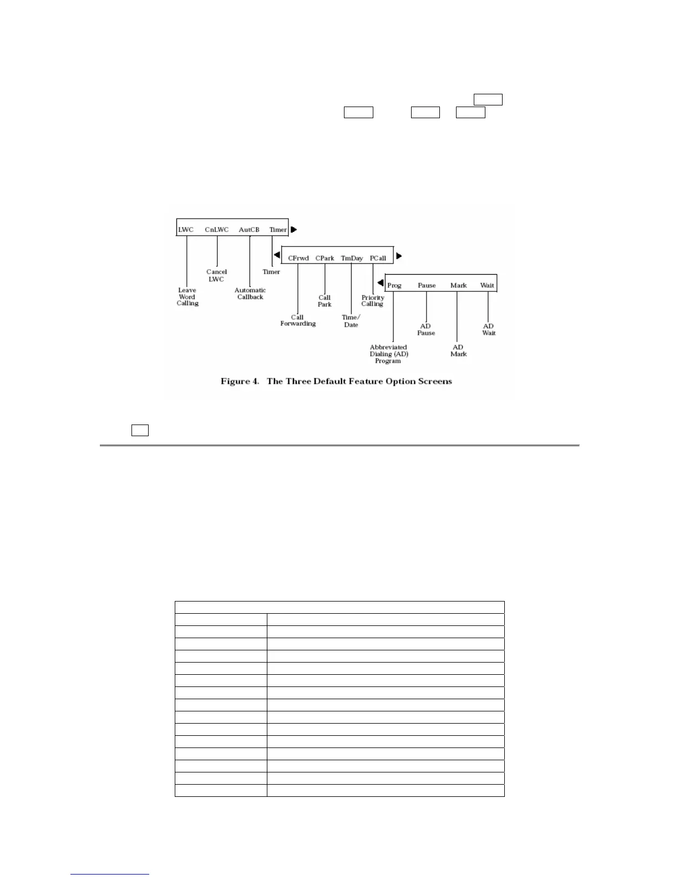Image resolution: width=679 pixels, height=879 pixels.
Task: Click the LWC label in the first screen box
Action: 186,230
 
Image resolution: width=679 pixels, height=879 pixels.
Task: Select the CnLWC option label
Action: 216,230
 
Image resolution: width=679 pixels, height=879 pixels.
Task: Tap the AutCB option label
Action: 249,230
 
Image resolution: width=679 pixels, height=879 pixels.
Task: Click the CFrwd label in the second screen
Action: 298,258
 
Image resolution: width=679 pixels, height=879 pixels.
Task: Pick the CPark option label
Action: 325,258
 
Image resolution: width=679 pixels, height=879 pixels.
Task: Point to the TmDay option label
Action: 352,258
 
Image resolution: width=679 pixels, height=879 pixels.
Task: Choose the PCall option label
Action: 378,258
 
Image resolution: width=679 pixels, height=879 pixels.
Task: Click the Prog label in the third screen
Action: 394,286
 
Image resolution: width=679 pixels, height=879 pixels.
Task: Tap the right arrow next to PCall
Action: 399,256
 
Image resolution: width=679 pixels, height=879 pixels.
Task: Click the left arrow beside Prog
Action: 380,283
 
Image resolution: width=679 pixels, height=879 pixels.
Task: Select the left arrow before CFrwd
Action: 276,255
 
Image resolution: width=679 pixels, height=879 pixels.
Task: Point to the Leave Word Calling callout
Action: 188,297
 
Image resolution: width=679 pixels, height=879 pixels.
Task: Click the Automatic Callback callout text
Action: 250,294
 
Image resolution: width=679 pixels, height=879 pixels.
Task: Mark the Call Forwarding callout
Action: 298,321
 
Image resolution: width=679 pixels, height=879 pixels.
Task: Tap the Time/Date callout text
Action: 351,321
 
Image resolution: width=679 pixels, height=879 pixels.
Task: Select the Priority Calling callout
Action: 373,301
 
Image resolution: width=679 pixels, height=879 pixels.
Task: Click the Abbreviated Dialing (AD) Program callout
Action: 388,354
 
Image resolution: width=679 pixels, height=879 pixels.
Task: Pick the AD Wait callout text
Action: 489,330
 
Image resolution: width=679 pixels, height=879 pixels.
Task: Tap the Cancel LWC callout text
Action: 216,275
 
